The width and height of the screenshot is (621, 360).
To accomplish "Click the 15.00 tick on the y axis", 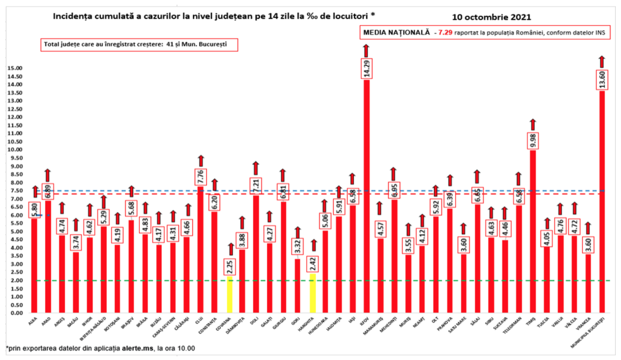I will (x=15, y=68).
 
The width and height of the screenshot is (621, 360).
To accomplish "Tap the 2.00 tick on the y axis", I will (x=15, y=281).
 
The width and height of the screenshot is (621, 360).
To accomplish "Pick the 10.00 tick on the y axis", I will (x=15, y=150).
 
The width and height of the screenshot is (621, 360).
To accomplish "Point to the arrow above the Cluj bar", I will (x=200, y=160).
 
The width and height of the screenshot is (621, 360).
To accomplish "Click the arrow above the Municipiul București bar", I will (x=602, y=60).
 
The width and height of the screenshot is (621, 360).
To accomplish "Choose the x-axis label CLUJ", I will (x=199, y=319).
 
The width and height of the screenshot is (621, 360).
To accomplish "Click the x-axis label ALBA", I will (x=32, y=319).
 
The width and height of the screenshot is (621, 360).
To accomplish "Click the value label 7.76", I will (x=200, y=176).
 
